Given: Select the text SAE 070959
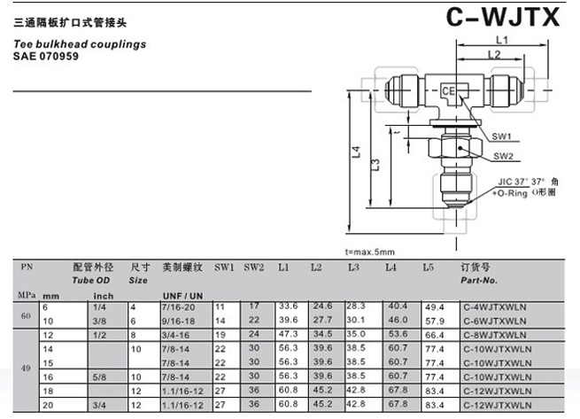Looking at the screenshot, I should click(x=45, y=55).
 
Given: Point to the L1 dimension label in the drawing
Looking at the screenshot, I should click(x=501, y=41).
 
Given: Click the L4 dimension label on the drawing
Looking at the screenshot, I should click(x=355, y=152).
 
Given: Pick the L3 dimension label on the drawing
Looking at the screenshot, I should click(x=375, y=165).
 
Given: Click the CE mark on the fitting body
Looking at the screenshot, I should click(x=449, y=91).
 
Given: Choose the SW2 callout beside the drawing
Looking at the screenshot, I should click(x=504, y=156).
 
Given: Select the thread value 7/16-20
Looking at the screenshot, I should click(x=179, y=306).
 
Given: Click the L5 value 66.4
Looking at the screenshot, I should click(x=434, y=335).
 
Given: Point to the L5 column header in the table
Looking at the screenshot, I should click(x=429, y=267).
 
